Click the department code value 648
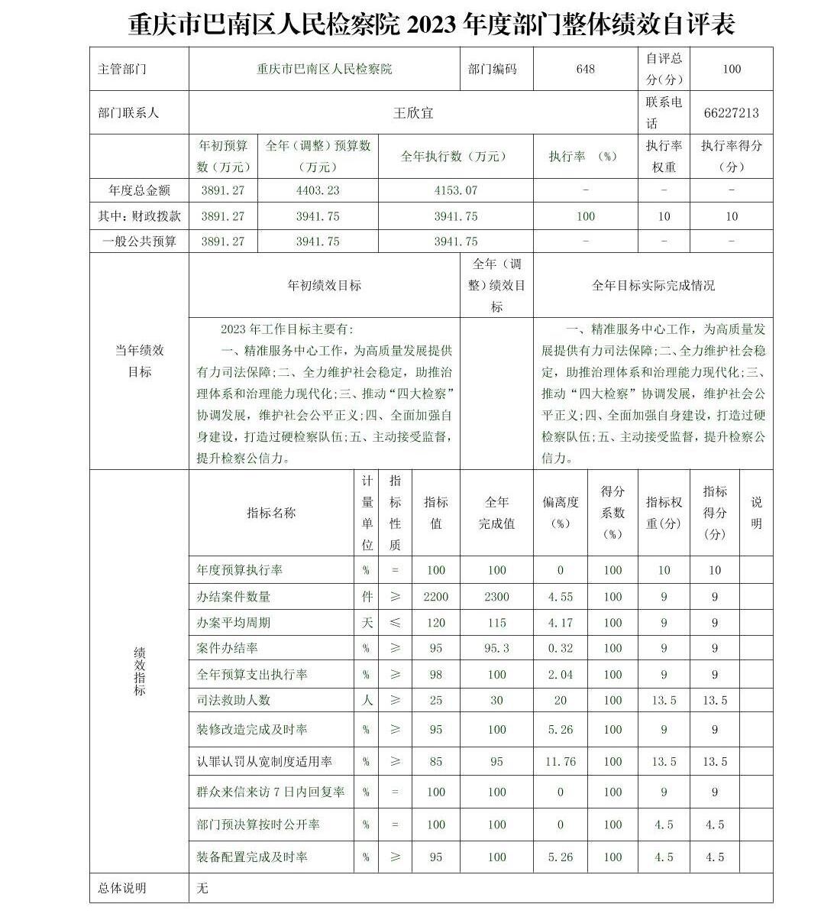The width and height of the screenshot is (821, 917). click(585, 69)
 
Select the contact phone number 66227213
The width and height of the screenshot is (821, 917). click(731, 112)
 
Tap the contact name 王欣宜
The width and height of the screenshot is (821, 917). click(413, 112)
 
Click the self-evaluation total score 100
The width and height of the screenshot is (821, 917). click(731, 69)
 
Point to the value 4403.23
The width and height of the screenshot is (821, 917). click(317, 190)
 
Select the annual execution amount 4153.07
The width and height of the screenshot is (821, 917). click(455, 190)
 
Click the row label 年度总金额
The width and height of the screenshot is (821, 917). click(139, 190)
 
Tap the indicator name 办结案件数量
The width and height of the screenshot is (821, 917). click(233, 596)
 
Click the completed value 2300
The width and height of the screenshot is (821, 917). click(496, 596)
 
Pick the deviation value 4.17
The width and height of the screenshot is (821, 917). click(560, 622)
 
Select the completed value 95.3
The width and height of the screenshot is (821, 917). click(496, 648)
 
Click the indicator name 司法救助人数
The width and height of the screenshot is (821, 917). click(233, 700)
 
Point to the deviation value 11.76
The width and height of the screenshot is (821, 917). click(560, 761)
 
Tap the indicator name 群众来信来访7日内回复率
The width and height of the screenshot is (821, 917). click(270, 792)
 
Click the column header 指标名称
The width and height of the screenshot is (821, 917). click(271, 513)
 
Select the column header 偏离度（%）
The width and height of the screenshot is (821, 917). click(560, 513)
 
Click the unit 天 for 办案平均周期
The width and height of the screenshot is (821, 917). click(367, 622)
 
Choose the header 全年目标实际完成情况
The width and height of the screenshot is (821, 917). click(653, 285)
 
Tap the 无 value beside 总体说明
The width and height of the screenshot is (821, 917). click(202, 888)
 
